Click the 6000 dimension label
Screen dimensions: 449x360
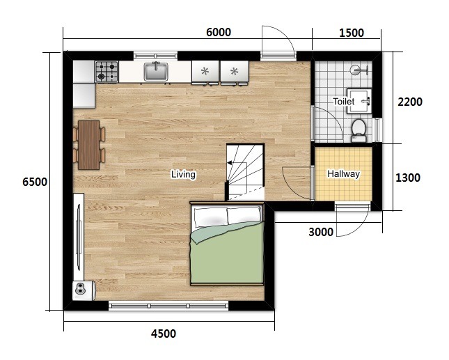point(219,32)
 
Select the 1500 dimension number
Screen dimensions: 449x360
point(352,33)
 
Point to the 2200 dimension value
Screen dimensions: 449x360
point(410,102)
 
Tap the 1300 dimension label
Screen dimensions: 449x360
point(408,178)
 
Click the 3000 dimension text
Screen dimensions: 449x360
point(321,232)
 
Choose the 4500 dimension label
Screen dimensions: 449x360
point(164,334)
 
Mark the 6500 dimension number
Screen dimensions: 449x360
point(35,182)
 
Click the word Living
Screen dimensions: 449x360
point(183,174)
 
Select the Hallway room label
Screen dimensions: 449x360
point(344,174)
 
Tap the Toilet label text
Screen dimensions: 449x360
point(344,102)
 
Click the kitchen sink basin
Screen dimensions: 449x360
point(156,72)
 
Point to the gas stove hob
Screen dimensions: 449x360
point(107,72)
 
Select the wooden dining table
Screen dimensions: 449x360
point(89,145)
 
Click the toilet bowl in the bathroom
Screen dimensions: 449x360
point(359,130)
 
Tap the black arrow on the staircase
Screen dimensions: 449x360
point(230,163)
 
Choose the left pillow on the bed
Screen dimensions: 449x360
point(211,217)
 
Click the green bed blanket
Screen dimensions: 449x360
point(227,253)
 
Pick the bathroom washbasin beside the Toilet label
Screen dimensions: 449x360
point(359,101)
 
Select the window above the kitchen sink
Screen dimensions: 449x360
point(155,55)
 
